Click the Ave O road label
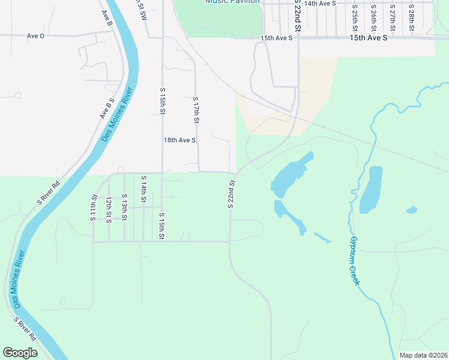35,36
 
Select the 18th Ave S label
180,140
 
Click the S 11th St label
94,208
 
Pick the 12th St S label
109,210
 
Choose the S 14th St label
143,190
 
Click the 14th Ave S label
319,4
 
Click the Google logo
20,353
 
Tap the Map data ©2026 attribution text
423,355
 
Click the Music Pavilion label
232,2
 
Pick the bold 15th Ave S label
369,38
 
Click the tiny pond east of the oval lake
411,210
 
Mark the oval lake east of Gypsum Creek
371,190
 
